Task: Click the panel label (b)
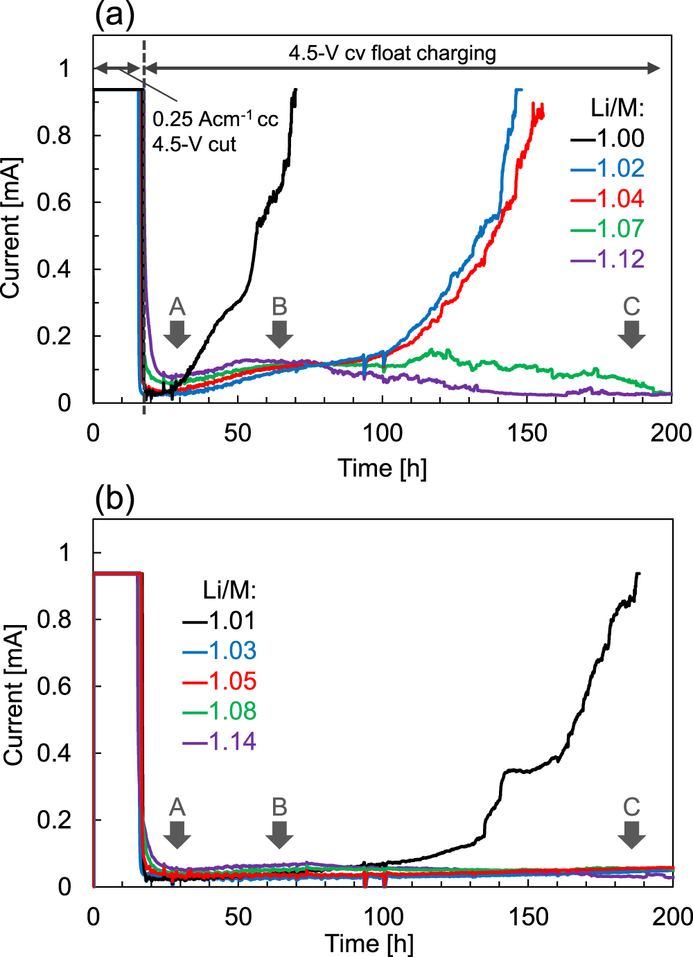coord(114,498)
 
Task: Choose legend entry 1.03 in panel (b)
coord(220,651)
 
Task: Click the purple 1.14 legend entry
coord(220,741)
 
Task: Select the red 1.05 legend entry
coord(220,681)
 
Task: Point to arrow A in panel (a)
coord(177,333)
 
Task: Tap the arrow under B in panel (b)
coord(279,834)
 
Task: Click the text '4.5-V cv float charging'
coord(392,53)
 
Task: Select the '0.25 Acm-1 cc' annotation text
coord(215,119)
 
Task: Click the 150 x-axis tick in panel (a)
coord(527,433)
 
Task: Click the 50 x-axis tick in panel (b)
coord(238,917)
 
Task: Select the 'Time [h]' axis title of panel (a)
coord(383,468)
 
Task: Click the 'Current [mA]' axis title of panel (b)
coord(13,695)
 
